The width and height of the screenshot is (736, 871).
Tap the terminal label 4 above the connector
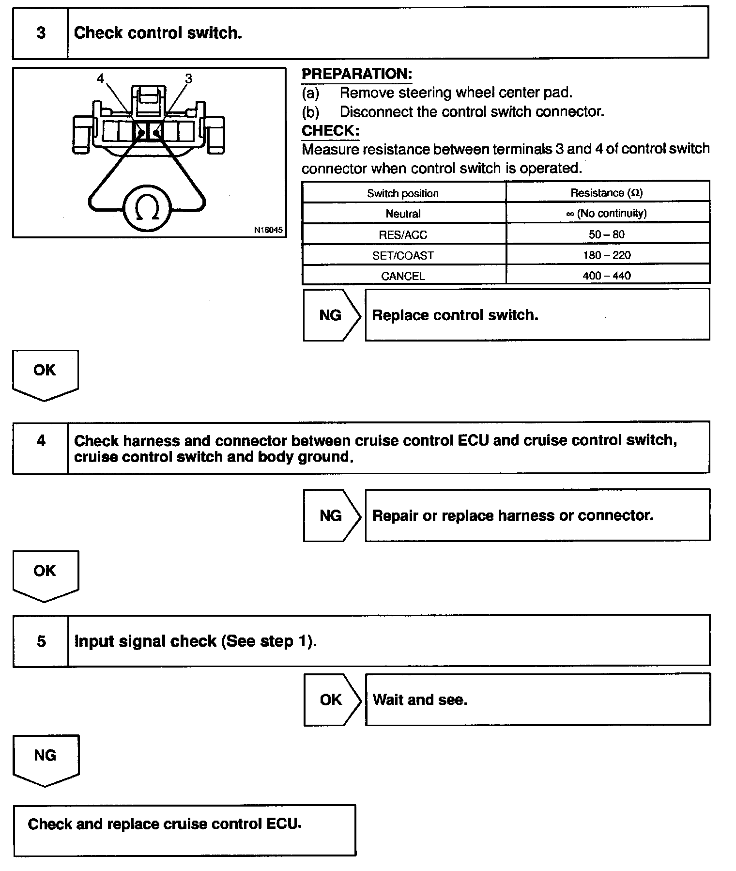coord(100,78)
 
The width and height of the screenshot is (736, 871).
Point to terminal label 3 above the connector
coord(188,78)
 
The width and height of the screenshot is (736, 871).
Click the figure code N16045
coord(268,230)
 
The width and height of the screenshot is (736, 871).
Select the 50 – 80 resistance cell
coord(607,234)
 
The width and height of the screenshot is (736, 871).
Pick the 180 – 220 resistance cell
coord(607,255)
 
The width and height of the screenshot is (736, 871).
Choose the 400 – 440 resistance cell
coord(607,276)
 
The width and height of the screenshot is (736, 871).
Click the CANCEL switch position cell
coord(403,276)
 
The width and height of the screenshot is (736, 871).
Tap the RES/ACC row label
coord(403,235)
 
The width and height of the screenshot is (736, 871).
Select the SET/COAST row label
coord(403,256)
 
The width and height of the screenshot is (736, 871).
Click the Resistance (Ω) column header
coord(607,193)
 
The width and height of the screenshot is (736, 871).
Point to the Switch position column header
coord(403,193)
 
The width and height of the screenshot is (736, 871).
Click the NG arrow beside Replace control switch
coord(331,315)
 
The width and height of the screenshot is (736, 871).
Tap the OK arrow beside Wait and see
coord(332,700)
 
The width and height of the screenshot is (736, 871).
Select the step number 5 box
coord(41,641)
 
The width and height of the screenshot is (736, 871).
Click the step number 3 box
coord(41,33)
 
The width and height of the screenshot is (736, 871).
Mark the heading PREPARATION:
coord(357,74)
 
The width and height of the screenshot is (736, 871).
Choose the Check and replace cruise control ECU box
coord(184,830)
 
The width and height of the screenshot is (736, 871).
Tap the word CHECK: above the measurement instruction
coord(330,131)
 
